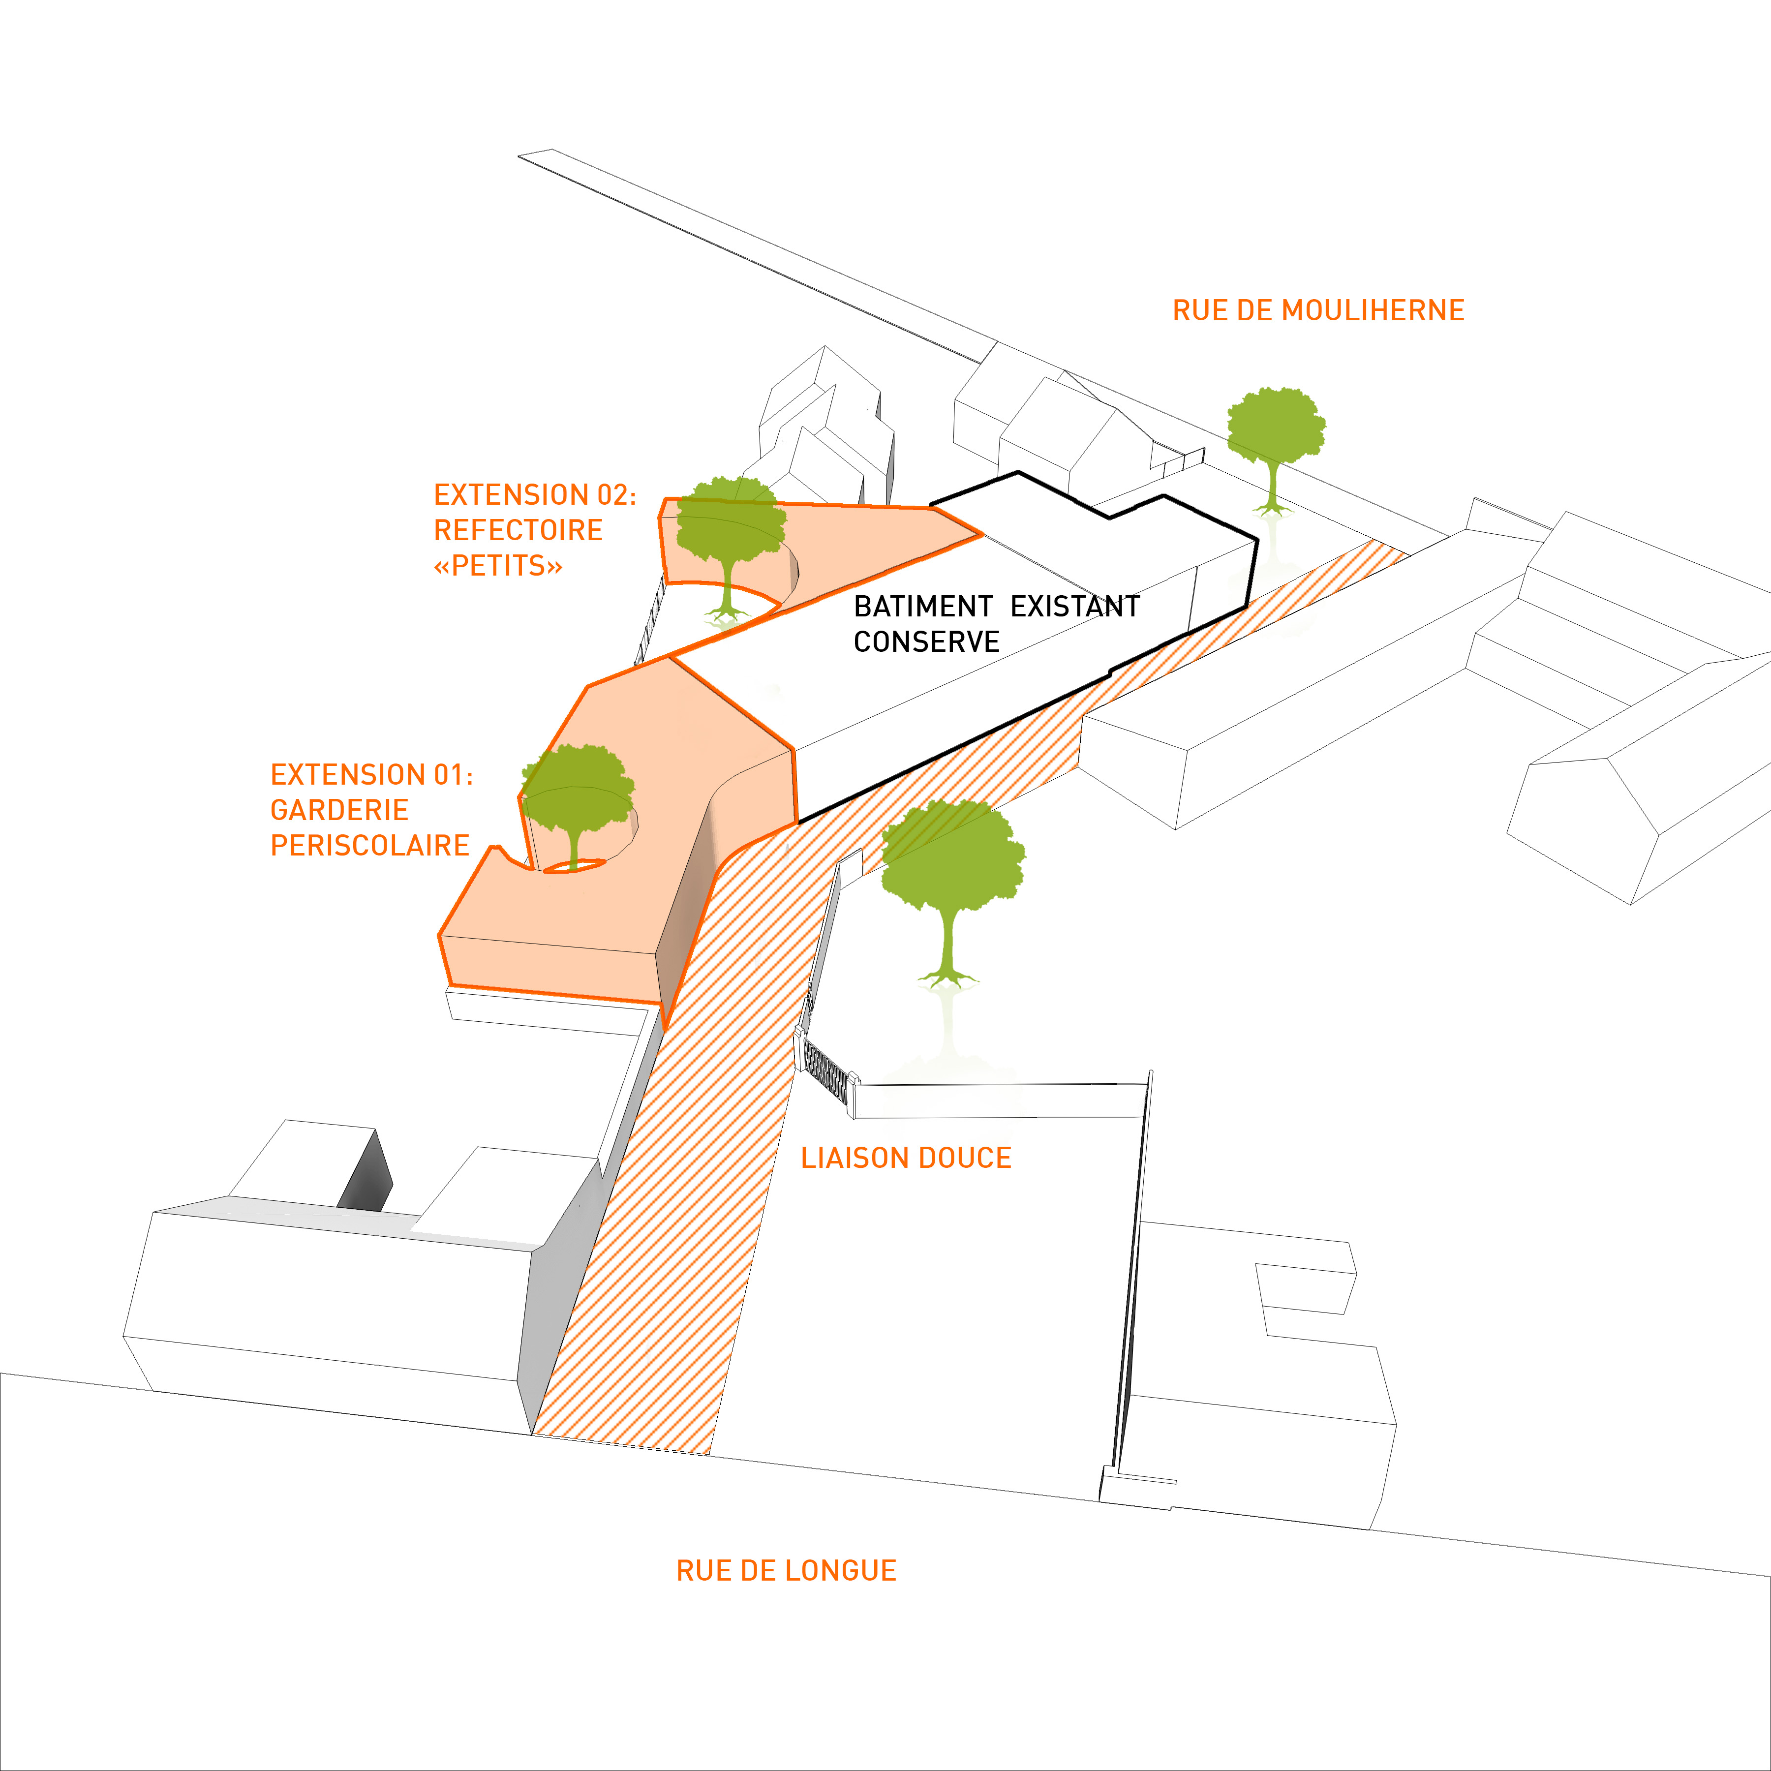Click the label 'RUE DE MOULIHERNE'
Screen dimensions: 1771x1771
[x=1318, y=311]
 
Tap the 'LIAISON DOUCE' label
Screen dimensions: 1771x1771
[x=906, y=1158]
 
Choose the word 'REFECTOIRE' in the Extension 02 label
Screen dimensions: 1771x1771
[x=518, y=530]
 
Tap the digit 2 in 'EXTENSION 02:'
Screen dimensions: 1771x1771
[x=619, y=495]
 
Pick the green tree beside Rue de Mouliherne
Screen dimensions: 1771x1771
[x=1276, y=449]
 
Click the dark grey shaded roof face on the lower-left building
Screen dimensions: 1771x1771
[x=366, y=1171]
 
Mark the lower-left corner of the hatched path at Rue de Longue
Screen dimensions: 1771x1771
[x=533, y=1435]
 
